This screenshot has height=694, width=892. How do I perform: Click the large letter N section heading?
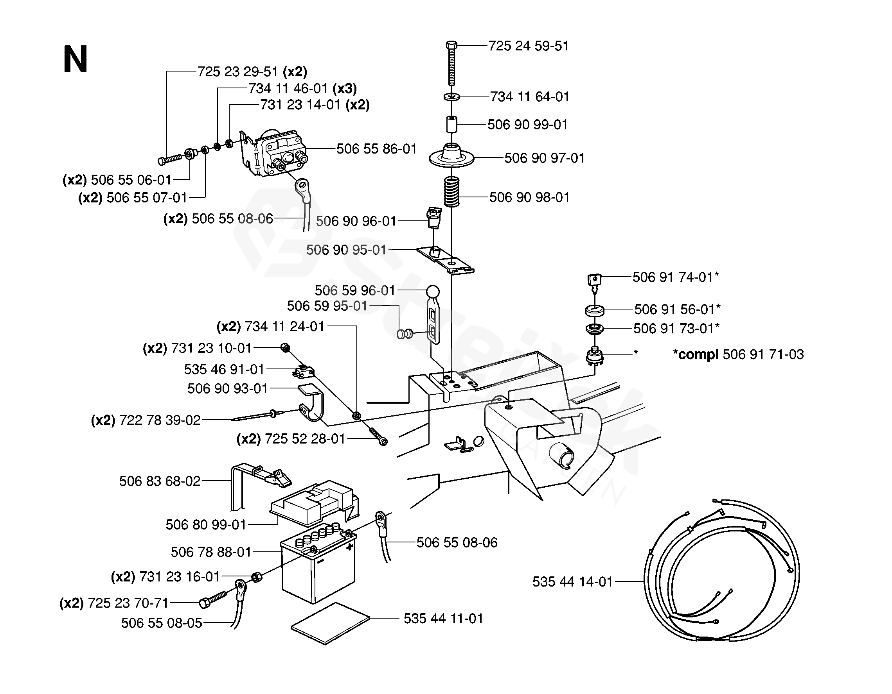[76, 59]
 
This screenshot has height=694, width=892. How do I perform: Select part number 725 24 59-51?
[529, 46]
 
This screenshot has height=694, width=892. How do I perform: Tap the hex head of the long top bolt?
[451, 45]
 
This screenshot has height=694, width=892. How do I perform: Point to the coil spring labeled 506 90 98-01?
[452, 192]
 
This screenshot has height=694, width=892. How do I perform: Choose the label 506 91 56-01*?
[677, 309]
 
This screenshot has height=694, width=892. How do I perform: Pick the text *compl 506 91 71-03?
[738, 354]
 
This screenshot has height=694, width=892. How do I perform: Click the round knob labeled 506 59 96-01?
[433, 292]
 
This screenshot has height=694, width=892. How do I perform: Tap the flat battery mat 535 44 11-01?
[330, 623]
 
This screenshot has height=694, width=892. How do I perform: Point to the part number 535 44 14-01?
[573, 582]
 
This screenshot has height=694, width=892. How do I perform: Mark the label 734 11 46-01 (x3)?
[303, 89]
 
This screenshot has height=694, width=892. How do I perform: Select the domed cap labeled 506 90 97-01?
[451, 156]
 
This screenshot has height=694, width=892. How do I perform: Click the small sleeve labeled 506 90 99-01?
[451, 124]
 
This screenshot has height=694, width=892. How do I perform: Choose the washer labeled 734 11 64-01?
[451, 97]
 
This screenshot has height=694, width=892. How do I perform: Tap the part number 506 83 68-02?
[160, 481]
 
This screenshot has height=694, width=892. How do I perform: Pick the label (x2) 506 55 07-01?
[133, 197]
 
